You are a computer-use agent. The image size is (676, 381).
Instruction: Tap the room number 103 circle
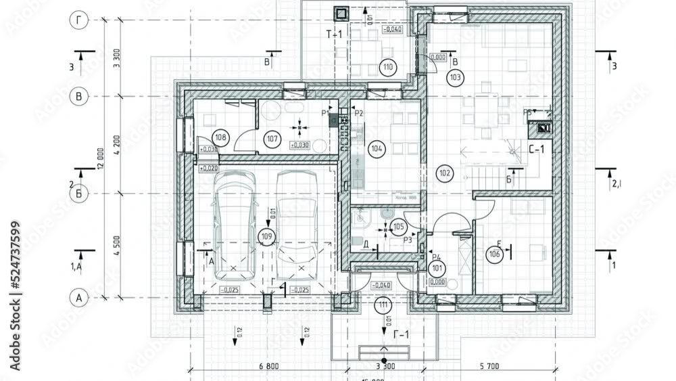[455, 78]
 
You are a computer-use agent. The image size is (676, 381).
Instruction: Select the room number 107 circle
[272, 139]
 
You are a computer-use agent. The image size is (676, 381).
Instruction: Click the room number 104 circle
[377, 147]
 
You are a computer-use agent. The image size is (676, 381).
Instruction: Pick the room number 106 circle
[494, 254]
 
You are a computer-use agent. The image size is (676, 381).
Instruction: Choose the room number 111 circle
[384, 305]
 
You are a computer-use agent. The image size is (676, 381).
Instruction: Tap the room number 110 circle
[387, 67]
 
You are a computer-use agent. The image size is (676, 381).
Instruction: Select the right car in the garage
[297, 225]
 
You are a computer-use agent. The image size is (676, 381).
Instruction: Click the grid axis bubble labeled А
[79, 298]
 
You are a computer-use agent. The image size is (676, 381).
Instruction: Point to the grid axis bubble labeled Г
[79, 20]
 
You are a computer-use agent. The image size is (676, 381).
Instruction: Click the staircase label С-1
[536, 150]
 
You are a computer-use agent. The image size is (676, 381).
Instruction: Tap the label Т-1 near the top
[335, 34]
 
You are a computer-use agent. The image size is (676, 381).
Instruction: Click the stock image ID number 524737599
[16, 258]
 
